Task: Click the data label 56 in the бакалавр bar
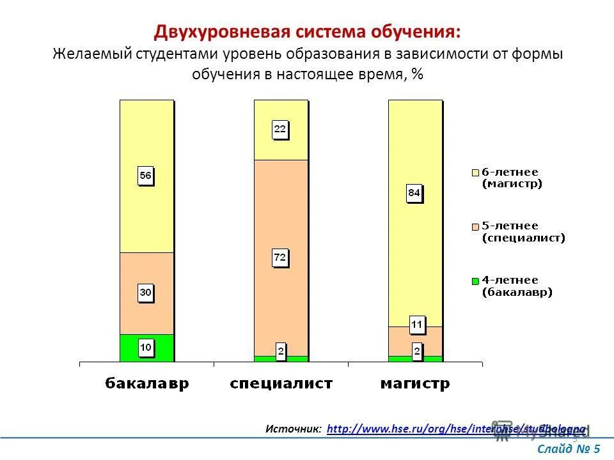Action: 146,176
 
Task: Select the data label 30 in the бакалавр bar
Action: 146,293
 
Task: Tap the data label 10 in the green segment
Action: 146,348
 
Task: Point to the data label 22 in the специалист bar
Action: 281,129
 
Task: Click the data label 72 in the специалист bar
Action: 281,258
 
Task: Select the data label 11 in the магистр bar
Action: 416,325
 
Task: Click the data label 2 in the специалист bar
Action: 281,351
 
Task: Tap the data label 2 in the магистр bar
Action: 417,351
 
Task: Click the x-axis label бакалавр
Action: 146,384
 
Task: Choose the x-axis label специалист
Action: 281,384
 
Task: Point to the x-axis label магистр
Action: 415,384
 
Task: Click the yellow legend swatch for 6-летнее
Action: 475,172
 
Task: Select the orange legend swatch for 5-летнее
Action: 475,226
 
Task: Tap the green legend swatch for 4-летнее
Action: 475,280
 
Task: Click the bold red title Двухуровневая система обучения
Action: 306,32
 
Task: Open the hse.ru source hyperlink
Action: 455,429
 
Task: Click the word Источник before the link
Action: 294,429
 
